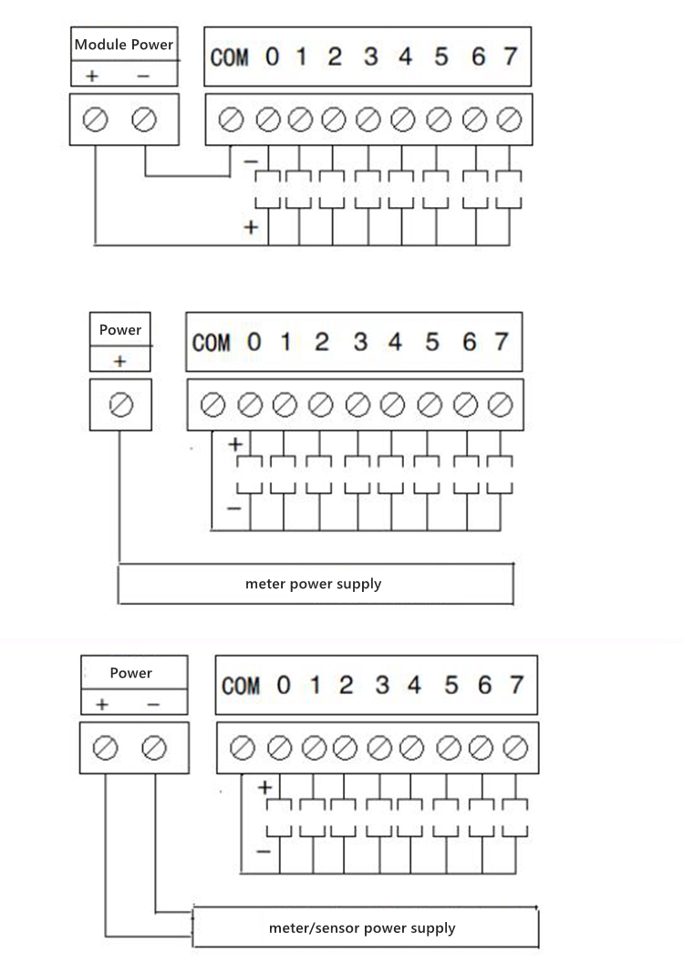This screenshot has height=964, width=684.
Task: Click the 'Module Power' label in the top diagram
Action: pyautogui.click(x=123, y=45)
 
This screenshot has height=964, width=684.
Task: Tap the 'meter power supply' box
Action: pyautogui.click(x=316, y=584)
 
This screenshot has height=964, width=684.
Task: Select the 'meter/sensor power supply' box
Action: pyautogui.click(x=366, y=928)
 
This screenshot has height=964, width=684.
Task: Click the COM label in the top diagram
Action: pyautogui.click(x=229, y=57)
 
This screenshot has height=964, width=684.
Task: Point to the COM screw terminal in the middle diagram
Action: pyautogui.click(x=213, y=405)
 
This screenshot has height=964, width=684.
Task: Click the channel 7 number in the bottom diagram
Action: pyautogui.click(x=516, y=684)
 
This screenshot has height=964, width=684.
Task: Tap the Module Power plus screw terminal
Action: pyautogui.click(x=95, y=119)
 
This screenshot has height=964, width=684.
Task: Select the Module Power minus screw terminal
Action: pyautogui.click(x=144, y=119)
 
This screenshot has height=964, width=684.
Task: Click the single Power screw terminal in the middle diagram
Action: pyautogui.click(x=121, y=405)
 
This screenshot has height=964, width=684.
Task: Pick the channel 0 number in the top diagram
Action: pyautogui.click(x=273, y=57)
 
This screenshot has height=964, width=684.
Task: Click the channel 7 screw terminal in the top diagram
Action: pyautogui.click(x=510, y=119)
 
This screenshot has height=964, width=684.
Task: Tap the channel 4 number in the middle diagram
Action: pyautogui.click(x=395, y=342)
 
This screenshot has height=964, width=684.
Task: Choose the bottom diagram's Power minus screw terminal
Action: pyautogui.click(x=153, y=748)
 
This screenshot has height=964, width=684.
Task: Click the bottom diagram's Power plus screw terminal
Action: pyautogui.click(x=105, y=748)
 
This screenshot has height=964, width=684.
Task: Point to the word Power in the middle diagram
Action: pyautogui.click(x=120, y=329)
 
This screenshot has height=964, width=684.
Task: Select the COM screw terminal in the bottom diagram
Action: pyautogui.click(x=242, y=748)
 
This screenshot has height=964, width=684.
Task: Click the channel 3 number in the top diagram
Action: pyautogui.click(x=370, y=57)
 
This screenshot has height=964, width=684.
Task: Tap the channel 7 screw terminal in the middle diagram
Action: pyautogui.click(x=501, y=405)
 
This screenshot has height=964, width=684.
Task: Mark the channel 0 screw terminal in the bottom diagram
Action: pyautogui.click(x=280, y=748)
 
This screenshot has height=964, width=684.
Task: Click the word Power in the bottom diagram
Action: pyautogui.click(x=131, y=672)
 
